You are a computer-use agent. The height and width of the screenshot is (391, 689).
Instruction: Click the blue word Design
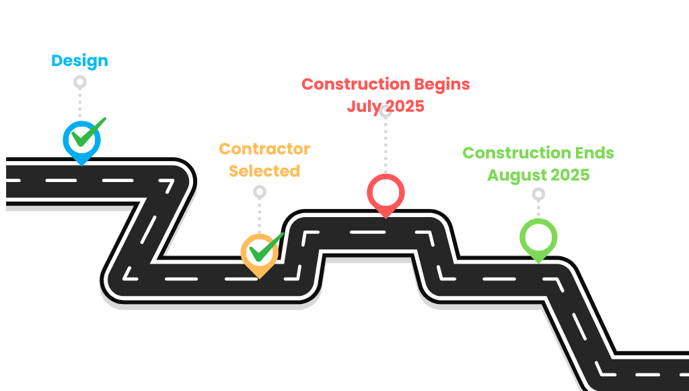79,61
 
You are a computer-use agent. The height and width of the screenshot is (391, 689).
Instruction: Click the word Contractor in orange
264,149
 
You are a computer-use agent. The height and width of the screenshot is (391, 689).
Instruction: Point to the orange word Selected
264,171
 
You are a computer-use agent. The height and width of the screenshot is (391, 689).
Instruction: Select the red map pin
386,194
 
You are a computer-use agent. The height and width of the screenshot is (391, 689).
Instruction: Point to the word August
514,175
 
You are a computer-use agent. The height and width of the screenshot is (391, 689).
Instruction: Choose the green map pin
538,239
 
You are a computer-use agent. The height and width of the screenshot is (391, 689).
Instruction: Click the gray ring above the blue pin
80,82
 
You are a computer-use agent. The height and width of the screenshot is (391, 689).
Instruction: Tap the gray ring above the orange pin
260,192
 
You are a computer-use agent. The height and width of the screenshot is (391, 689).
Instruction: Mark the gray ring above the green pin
538,194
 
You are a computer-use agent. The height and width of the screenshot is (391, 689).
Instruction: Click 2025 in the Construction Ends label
569,175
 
